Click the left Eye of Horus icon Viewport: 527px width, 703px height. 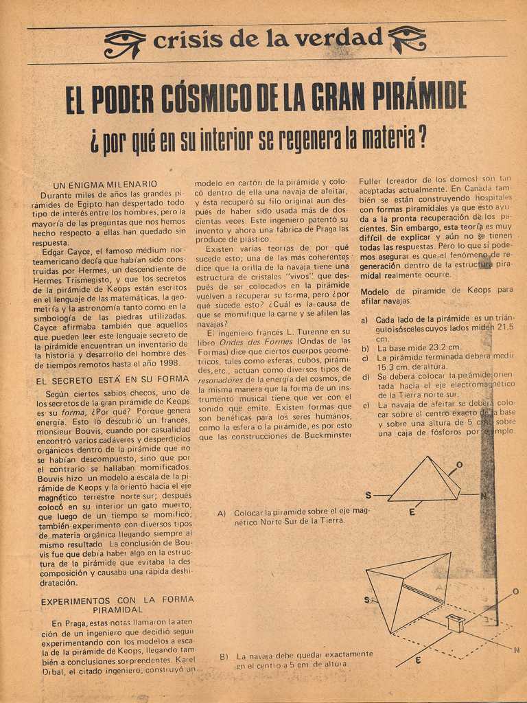point(124,43)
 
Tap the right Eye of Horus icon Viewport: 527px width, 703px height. point(407,38)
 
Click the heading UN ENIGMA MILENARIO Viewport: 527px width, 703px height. point(105,184)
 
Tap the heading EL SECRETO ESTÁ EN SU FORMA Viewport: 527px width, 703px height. point(112,379)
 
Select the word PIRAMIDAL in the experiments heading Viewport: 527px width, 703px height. point(117,609)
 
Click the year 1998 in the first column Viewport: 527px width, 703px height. point(167,362)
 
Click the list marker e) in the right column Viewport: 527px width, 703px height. point(365,405)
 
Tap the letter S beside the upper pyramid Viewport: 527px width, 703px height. point(368,495)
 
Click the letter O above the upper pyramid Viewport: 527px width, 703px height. point(459,465)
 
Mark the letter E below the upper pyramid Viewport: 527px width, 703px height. point(412,512)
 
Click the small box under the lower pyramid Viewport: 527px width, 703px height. point(455,623)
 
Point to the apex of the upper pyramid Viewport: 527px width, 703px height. point(429,457)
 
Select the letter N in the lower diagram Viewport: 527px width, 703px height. point(516,650)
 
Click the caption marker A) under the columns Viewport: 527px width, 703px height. point(222,513)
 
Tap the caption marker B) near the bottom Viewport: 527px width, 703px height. point(224,656)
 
